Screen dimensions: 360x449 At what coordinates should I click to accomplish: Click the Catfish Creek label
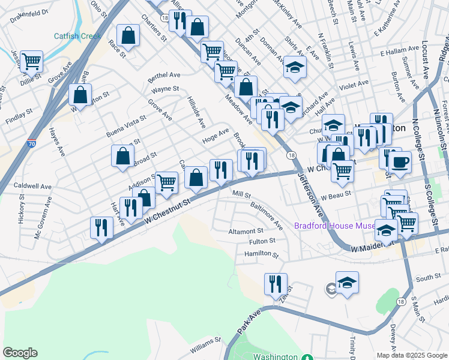pos(77,36)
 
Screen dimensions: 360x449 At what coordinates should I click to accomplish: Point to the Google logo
pos(20,353)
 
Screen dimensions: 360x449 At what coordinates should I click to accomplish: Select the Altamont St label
pos(246,231)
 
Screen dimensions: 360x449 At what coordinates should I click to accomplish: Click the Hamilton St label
pos(262,254)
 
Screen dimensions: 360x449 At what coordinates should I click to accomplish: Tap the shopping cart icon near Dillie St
pos(31,61)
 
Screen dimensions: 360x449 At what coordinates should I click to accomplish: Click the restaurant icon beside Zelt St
pos(276,284)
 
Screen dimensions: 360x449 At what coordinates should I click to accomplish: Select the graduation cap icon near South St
pos(347,282)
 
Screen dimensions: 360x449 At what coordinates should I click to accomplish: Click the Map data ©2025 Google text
pos(411,355)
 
